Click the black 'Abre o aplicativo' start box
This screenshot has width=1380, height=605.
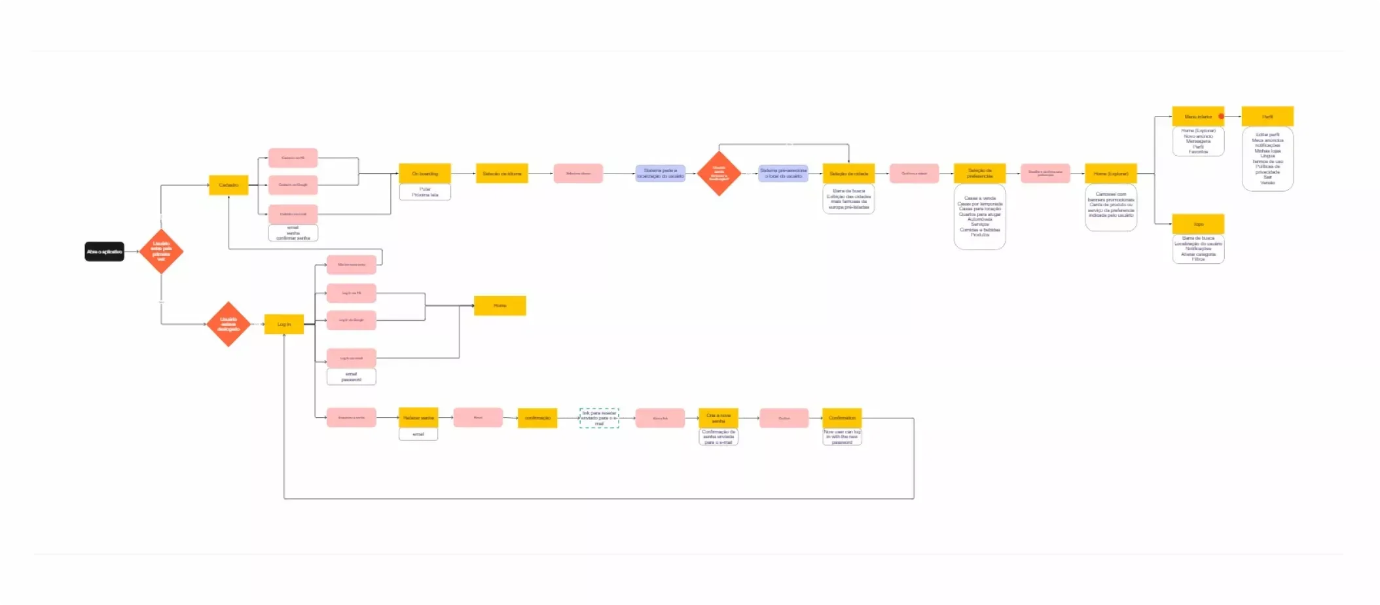[104, 251]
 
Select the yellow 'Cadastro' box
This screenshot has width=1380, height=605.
[228, 185]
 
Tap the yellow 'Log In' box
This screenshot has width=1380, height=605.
[283, 324]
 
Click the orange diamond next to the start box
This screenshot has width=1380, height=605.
[161, 251]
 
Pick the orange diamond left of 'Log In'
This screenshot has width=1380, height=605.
[228, 324]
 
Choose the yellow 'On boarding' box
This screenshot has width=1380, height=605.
[425, 174]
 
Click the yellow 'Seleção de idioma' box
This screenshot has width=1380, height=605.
[501, 174]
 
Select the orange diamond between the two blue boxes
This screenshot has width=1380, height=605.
[719, 174]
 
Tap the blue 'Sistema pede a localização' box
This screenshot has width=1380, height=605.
[660, 174]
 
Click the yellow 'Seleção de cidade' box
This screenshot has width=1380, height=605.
[848, 174]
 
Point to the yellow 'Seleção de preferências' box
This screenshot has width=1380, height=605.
[979, 174]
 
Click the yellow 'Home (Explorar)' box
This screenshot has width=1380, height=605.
[1111, 174]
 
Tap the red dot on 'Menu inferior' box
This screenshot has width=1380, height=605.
[1221, 117]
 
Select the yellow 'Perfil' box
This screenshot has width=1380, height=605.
[1267, 117]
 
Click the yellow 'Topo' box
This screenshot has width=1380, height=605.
[1198, 224]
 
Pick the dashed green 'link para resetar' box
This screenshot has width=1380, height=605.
[599, 418]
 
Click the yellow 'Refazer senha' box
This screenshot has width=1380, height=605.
[418, 418]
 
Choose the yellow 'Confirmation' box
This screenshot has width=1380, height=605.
[842, 418]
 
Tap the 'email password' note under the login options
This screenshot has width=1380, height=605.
[352, 377]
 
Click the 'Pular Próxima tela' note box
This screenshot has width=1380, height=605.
[425, 192]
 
